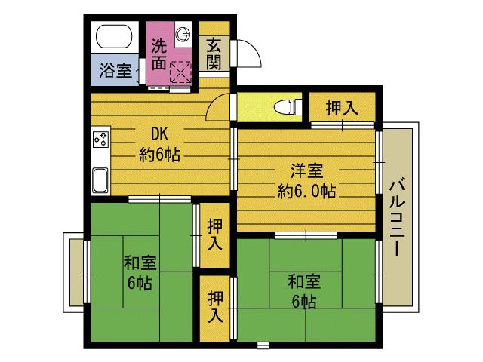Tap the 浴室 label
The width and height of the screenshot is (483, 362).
click(115, 73)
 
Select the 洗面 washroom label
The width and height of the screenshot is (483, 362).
click(158, 54)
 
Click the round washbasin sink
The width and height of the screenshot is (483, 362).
click(183, 33)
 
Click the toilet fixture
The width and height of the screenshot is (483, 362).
click(285, 106)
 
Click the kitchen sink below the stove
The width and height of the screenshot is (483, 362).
click(100, 181)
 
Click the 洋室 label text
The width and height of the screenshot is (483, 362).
click(306, 170)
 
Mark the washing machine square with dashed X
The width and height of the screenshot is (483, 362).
click(181, 72)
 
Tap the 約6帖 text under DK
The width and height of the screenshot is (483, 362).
click(159, 156)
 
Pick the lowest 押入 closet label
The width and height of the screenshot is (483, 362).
click(216, 307)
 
